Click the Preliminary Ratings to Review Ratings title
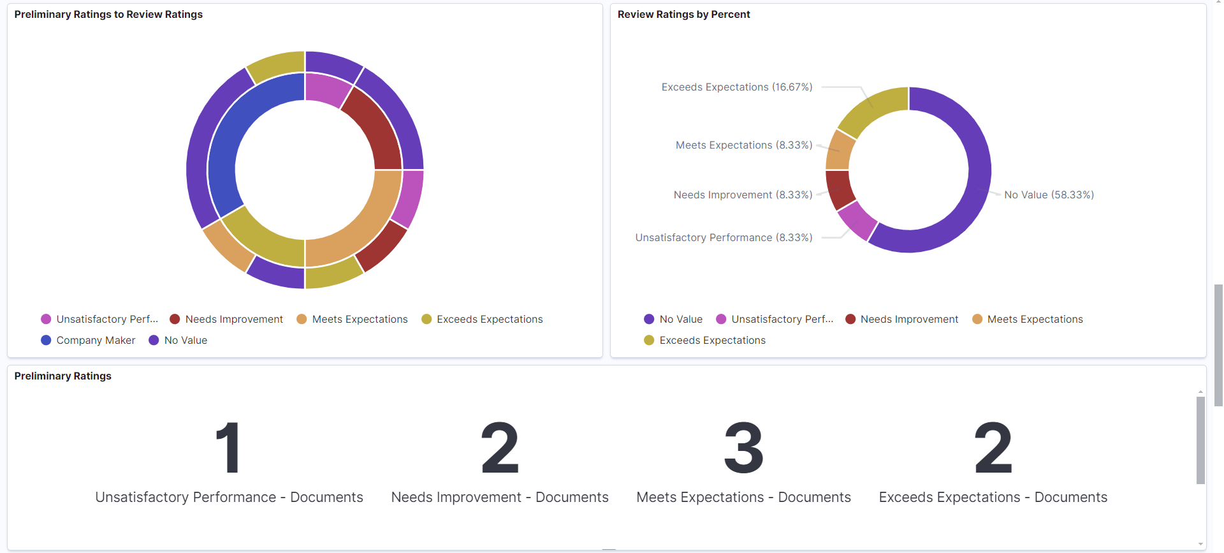pos(108,14)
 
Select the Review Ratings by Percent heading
pos(683,14)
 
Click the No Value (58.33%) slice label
pos(1049,195)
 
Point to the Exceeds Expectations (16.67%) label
pos(736,87)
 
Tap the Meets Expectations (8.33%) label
pos(743,145)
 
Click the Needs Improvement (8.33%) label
pos(743,195)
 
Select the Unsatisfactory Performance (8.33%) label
pos(724,237)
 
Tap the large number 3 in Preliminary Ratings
pos(743,448)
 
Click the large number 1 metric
pos(228,448)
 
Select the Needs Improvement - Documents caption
pos(500,497)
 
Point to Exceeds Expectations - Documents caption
pos(993,497)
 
